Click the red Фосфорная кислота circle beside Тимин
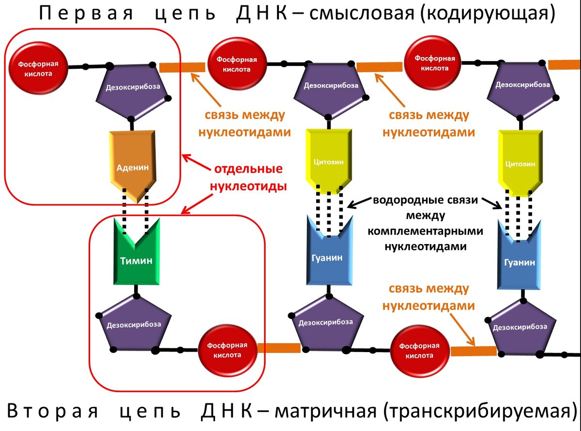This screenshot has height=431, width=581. [x=227, y=349]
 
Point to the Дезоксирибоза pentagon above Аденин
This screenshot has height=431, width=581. [x=133, y=90]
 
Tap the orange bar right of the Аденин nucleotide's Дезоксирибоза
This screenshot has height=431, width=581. [x=182, y=67]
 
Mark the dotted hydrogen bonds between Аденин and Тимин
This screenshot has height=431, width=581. [x=136, y=210]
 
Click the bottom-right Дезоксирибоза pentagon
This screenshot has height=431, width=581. [x=520, y=327]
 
